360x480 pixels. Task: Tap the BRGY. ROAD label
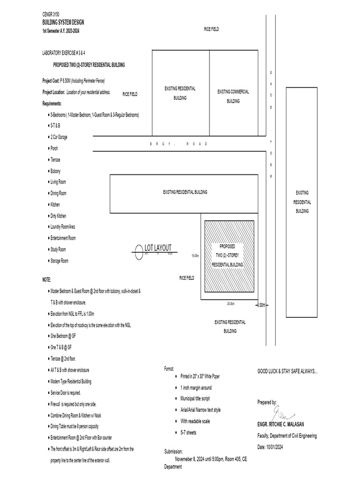pos(179,144)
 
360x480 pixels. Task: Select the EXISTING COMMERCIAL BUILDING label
pos(233,96)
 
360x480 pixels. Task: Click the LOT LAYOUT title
pos(158,247)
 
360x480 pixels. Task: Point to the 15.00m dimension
pos(195,256)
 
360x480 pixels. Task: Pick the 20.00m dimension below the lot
pos(231,304)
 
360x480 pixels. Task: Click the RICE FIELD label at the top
pos(211,29)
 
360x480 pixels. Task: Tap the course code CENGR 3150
pos(51,15)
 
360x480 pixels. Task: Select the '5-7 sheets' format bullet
pos(188,433)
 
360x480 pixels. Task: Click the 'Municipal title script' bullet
pos(200,398)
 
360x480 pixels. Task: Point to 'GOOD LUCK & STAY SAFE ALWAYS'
pos(287,371)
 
